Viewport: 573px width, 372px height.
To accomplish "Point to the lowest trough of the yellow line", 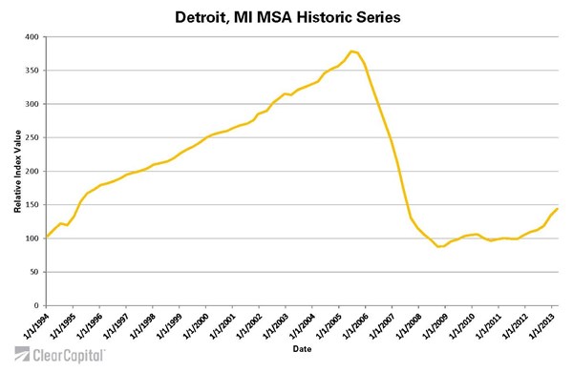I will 439,246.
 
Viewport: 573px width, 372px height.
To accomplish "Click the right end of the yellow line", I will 558,208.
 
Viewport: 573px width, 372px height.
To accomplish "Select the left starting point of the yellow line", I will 47,237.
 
